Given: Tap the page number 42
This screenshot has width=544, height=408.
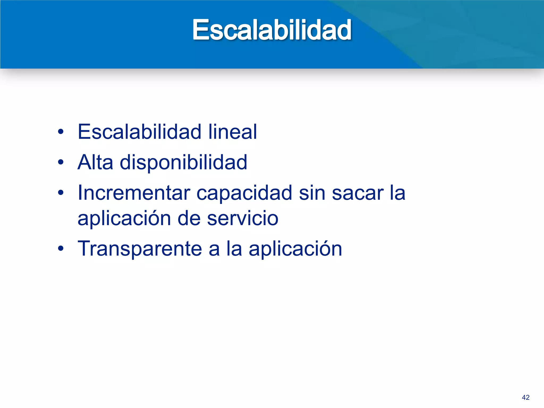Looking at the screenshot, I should point(525,397).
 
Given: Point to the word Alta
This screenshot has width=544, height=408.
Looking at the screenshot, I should point(95,162).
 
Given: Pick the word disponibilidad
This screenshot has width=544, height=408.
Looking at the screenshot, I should point(183,163).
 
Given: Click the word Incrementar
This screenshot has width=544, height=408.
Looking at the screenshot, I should point(134,193).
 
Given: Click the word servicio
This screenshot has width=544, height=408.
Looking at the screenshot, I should point(243,218).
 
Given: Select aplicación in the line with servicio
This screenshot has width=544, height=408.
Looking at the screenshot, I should point(124,218).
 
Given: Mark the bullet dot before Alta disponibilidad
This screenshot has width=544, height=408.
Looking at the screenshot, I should point(61,162).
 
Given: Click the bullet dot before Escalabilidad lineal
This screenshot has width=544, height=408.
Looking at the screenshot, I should point(61,132).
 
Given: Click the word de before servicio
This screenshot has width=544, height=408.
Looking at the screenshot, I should point(189,218).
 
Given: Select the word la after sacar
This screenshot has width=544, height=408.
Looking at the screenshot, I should point(397,193).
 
